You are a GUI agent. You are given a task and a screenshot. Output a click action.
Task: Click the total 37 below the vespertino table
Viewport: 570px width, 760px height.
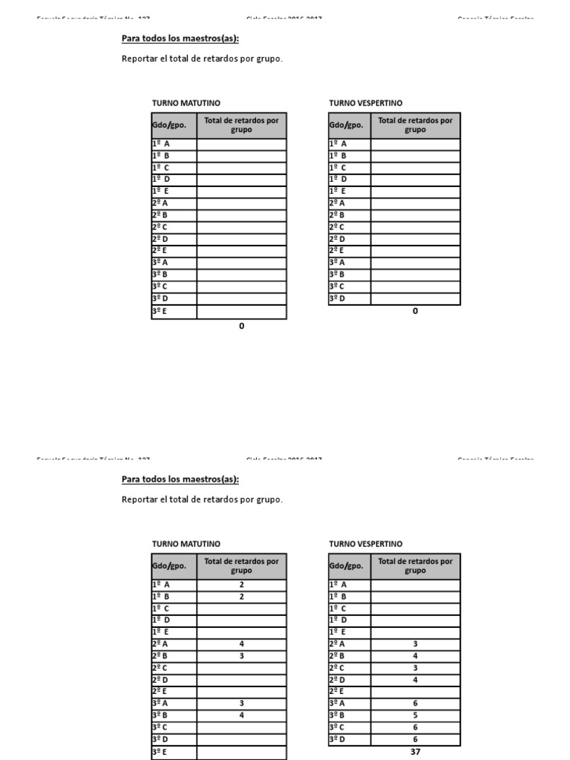[x=415, y=751]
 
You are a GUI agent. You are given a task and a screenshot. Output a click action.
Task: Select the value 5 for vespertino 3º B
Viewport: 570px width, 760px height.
[x=415, y=715]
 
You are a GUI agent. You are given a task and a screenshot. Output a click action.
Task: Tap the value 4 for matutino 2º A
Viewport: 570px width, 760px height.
[x=241, y=643]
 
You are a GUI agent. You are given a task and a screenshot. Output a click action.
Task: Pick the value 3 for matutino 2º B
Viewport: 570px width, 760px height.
[x=241, y=655]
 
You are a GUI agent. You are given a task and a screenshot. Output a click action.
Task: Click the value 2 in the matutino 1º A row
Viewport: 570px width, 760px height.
[x=241, y=584]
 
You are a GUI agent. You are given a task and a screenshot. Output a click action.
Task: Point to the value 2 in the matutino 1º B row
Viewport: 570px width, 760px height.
[x=241, y=596]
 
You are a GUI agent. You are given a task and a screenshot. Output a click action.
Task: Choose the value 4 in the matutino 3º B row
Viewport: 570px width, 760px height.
[x=241, y=715]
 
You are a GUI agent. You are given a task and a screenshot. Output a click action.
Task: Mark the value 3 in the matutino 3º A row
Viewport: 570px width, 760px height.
[x=241, y=703]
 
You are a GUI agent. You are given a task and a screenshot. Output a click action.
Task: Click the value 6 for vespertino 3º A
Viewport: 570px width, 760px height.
[x=415, y=703]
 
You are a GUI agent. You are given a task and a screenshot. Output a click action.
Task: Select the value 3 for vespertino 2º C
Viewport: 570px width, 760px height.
[x=415, y=667]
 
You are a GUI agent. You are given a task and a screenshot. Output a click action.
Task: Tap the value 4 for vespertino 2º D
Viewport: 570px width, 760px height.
[x=415, y=679]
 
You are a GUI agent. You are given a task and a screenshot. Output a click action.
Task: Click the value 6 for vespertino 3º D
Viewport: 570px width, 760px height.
[x=415, y=738]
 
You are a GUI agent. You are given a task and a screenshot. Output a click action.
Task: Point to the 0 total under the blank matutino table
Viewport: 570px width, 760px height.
[x=241, y=326]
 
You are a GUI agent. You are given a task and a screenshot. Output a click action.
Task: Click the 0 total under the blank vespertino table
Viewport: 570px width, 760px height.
[x=415, y=311]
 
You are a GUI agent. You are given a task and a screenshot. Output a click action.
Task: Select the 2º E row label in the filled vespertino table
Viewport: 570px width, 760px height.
[x=337, y=691]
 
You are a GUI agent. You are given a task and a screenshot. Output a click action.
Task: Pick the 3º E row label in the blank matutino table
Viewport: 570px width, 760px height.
[x=160, y=312]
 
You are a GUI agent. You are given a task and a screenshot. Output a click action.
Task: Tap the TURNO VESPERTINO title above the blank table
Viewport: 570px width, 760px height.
[x=366, y=103]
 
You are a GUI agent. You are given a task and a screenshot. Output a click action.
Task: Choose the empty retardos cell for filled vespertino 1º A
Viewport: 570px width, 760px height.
[x=415, y=584]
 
